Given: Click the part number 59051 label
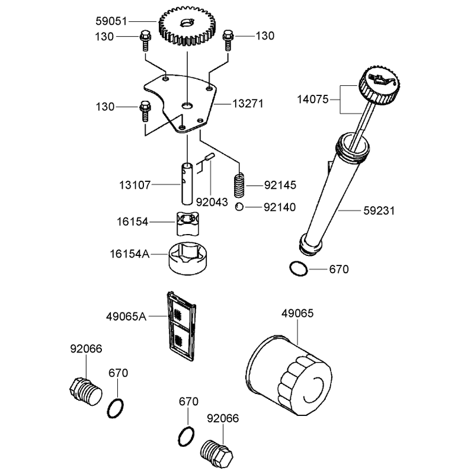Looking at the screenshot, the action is [111, 21].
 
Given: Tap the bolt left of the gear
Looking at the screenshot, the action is [145, 40].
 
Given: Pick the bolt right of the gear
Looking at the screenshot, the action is [228, 40].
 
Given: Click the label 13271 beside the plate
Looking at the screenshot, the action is [248, 104].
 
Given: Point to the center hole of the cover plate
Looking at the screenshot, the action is [187, 105].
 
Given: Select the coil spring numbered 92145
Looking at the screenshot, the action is [240, 185].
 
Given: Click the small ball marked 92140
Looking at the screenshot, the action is [239, 207].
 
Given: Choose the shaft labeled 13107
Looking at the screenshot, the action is [187, 184].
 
